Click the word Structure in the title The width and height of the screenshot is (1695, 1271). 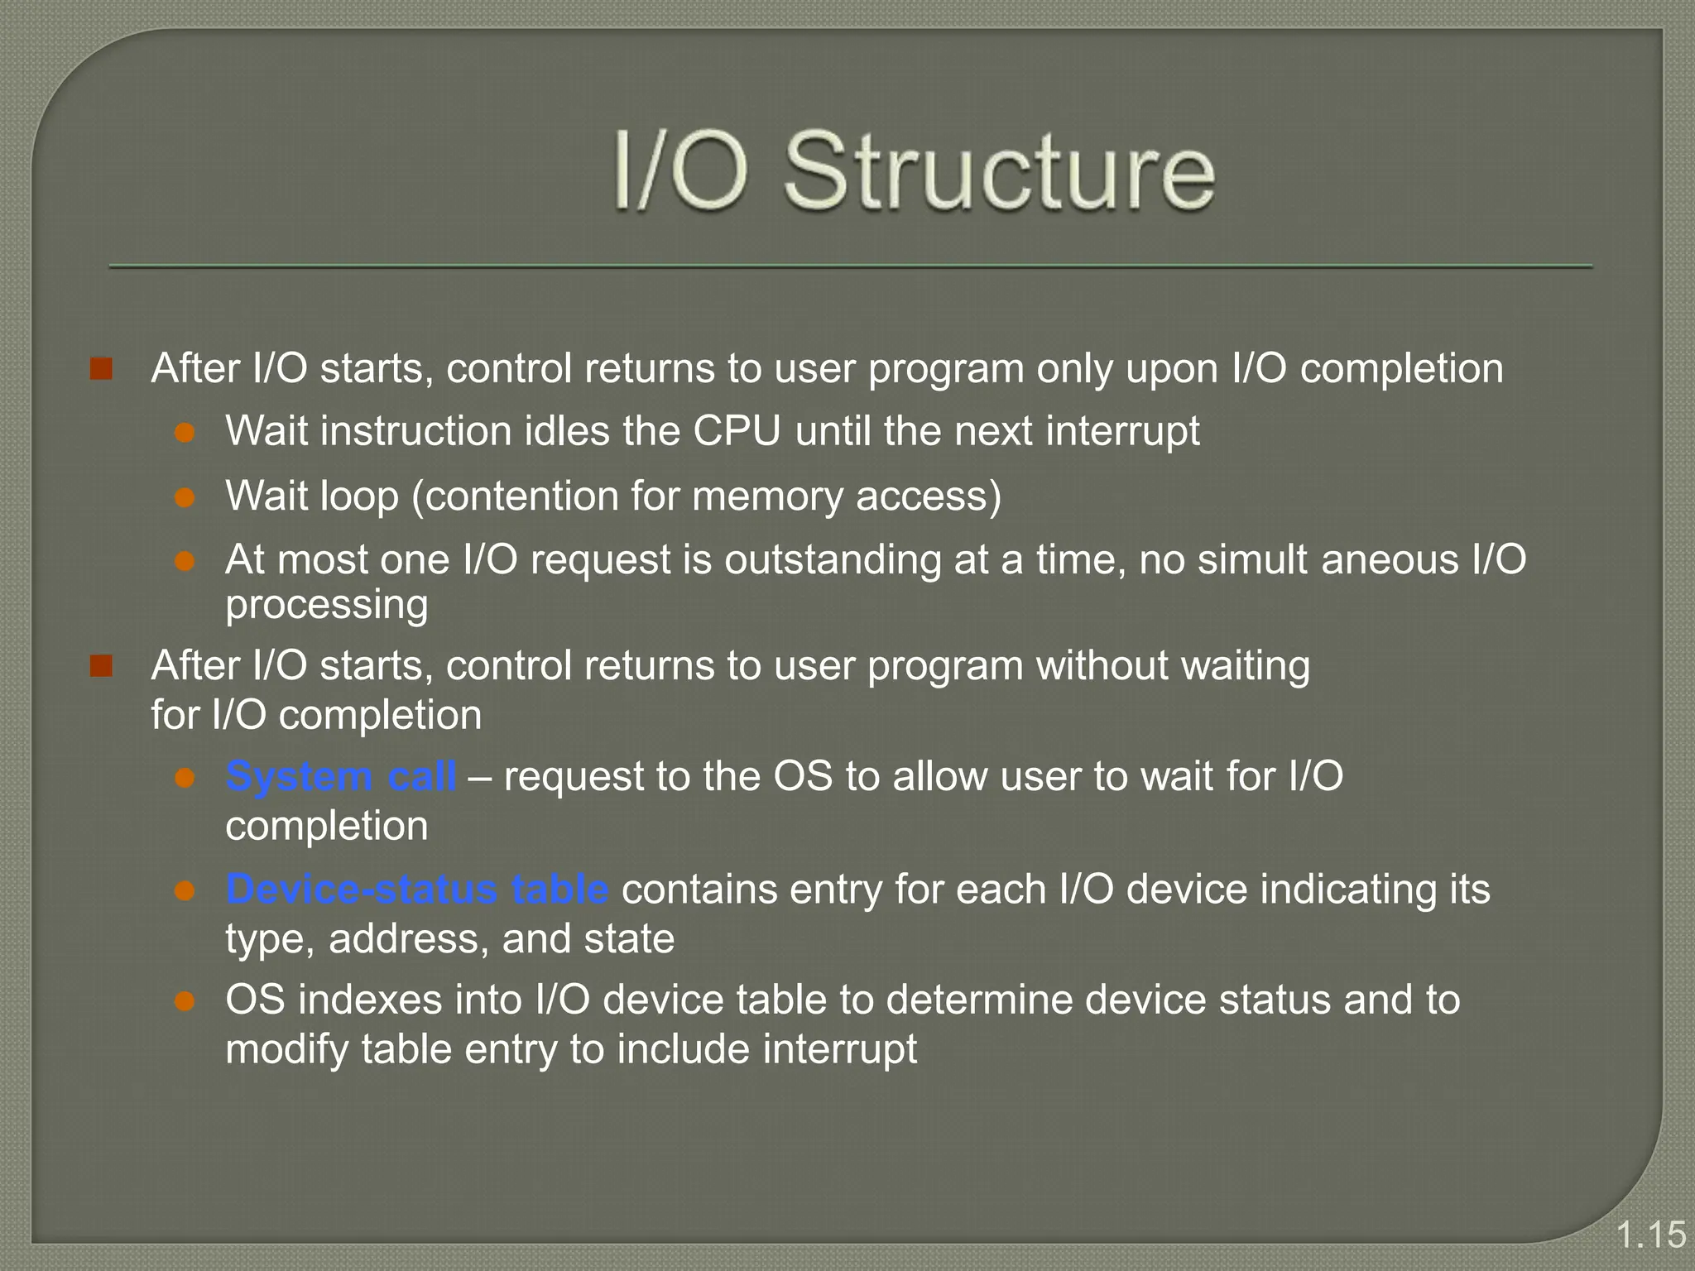tap(999, 171)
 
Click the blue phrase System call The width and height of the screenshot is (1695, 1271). tap(340, 776)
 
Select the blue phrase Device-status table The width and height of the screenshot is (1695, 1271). tap(417, 890)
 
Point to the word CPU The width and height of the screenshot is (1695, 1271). tap(737, 431)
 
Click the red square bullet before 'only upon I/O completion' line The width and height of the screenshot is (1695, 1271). tap(101, 368)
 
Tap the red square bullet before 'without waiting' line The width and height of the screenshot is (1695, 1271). tap(101, 665)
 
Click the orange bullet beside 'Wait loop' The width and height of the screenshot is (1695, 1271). tap(185, 496)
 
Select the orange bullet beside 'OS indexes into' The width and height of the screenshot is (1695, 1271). tap(185, 1001)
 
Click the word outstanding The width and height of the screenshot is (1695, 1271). tap(833, 560)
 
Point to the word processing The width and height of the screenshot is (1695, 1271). tap(327, 605)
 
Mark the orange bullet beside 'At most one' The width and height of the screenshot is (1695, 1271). tap(185, 562)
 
